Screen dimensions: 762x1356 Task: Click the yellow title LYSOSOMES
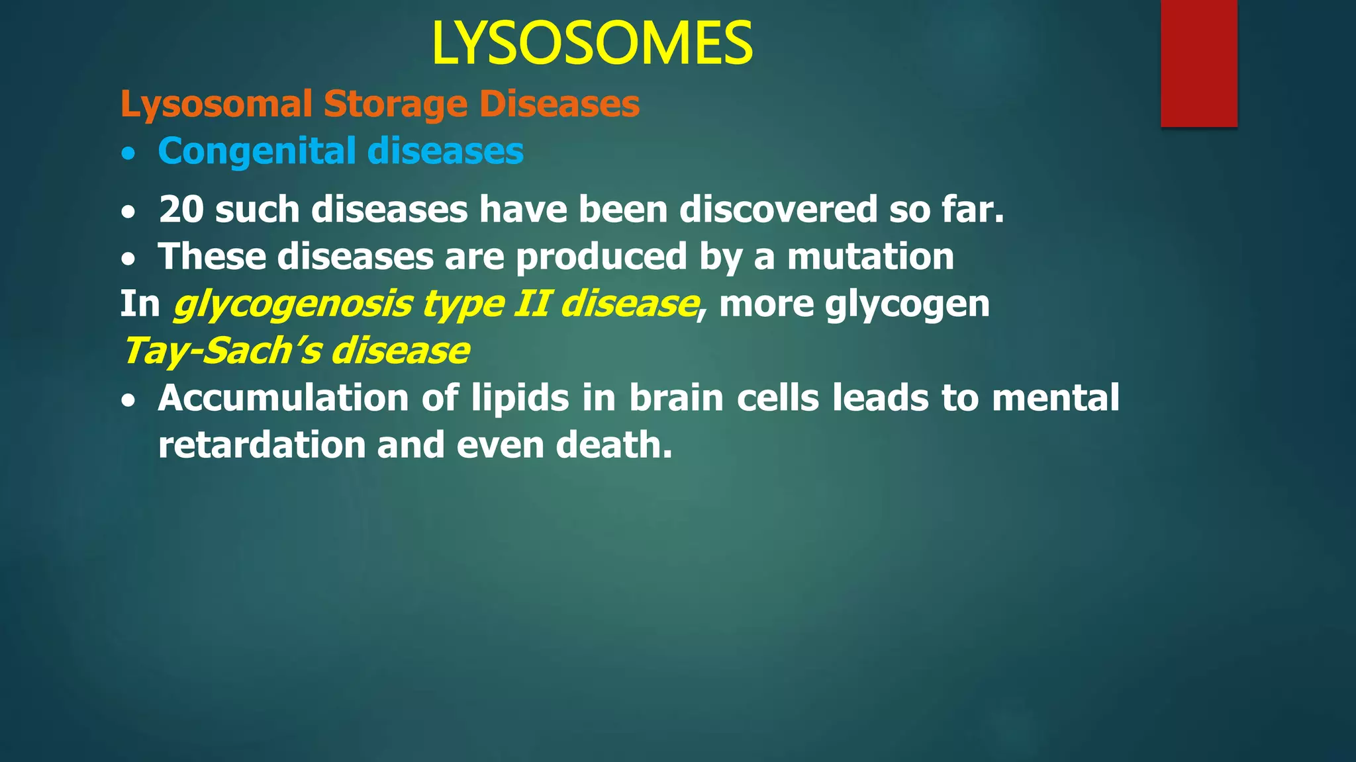[591, 44]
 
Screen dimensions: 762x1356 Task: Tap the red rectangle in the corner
[1198, 63]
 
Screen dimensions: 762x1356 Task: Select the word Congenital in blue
[257, 151]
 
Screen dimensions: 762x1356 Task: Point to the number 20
[181, 210]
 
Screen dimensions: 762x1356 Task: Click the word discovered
[778, 210]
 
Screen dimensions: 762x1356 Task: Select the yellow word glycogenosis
[292, 304]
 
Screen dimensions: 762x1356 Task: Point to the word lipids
[520, 398]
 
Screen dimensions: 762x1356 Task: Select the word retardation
[262, 445]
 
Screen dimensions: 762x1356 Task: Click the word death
[613, 445]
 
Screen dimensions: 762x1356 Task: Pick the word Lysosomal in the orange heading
[216, 105]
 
